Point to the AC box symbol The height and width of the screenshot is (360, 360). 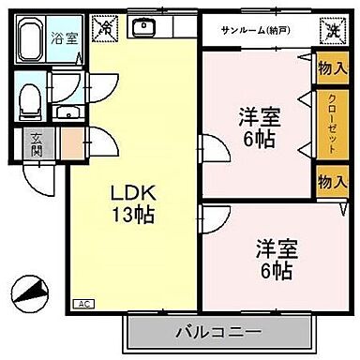[83, 303]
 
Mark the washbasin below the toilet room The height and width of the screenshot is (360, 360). [67, 114]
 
